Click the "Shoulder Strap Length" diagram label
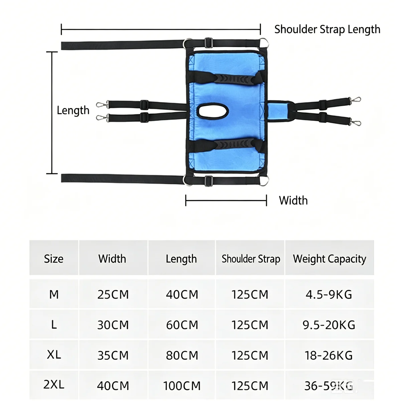[x=327, y=29]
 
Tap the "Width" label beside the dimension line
[x=293, y=200]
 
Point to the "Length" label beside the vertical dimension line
[x=73, y=110]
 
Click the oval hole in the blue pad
[x=213, y=111]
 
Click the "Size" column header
[x=53, y=259]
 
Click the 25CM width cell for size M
[x=113, y=294]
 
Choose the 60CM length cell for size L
[x=182, y=325]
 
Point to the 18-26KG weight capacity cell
[x=328, y=355]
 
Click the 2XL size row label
[x=54, y=384]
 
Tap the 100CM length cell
[x=182, y=386]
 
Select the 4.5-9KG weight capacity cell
[x=329, y=294]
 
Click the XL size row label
[x=54, y=355]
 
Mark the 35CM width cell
[x=113, y=355]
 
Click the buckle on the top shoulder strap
[x=209, y=43]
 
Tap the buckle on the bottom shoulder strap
[x=209, y=181]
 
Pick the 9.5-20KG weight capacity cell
[x=329, y=325]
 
